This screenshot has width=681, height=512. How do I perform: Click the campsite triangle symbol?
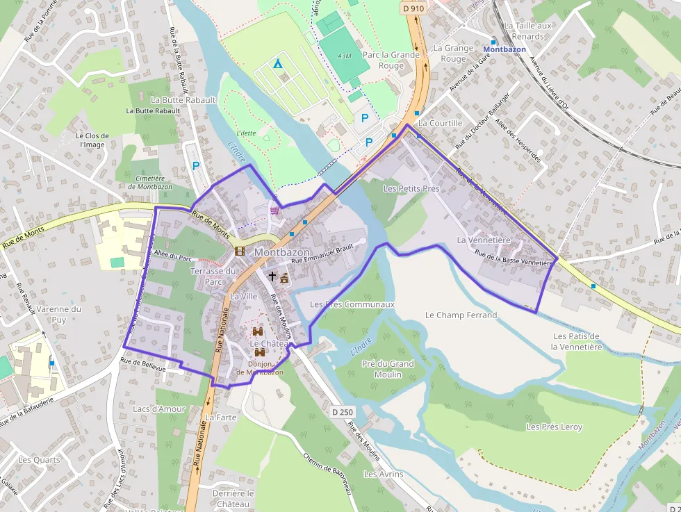(x=278, y=64)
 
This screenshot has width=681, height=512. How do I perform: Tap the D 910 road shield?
(x=413, y=8)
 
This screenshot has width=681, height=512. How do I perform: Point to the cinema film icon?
(x=240, y=251)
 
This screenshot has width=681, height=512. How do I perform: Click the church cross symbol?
(x=272, y=276)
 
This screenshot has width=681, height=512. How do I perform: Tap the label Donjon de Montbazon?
(x=259, y=368)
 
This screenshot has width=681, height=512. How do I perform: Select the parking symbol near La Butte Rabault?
(x=196, y=166)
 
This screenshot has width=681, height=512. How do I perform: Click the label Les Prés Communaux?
(x=352, y=304)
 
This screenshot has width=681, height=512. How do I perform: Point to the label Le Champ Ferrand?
(x=461, y=315)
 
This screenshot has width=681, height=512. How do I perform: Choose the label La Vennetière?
(x=484, y=240)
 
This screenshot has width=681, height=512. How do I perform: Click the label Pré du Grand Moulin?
(x=387, y=369)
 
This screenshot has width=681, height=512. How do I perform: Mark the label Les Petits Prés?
(x=411, y=188)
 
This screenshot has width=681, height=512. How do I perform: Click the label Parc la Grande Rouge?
(x=391, y=60)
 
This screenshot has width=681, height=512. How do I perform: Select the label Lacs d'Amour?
(x=159, y=409)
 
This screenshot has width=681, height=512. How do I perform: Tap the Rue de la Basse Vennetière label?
(x=513, y=258)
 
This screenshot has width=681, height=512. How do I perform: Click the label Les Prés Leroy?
(x=554, y=427)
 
